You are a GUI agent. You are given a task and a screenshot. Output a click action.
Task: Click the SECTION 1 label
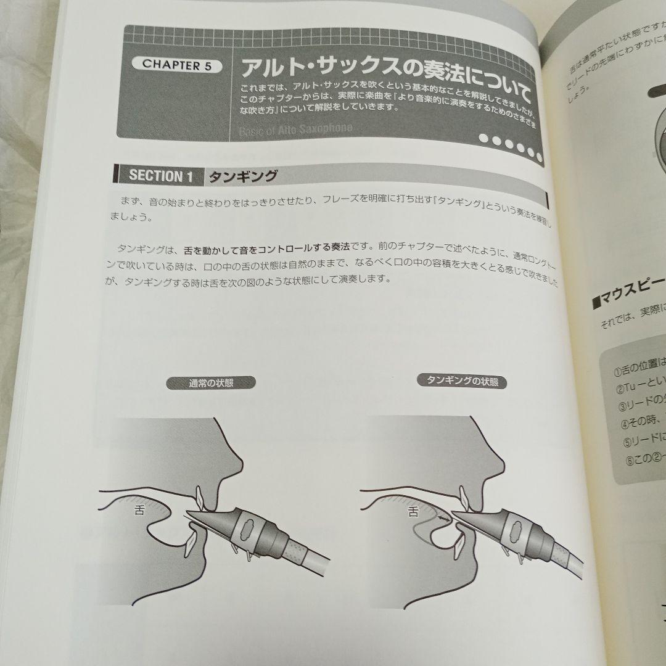click(x=156, y=176)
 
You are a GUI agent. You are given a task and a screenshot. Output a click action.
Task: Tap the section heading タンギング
click(x=243, y=177)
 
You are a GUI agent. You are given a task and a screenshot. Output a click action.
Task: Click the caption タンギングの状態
click(x=462, y=381)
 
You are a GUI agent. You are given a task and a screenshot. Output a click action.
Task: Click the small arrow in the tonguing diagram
click(x=442, y=519)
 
